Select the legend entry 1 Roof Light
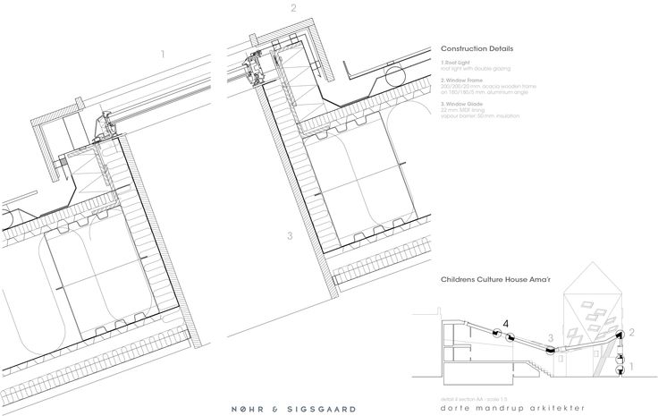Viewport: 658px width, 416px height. tap(455, 61)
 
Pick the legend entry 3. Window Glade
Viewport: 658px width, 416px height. tap(460, 104)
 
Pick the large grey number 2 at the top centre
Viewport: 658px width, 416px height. tap(291, 10)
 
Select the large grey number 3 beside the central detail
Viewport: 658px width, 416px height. tap(289, 236)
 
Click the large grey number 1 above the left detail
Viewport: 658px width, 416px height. tap(162, 55)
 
